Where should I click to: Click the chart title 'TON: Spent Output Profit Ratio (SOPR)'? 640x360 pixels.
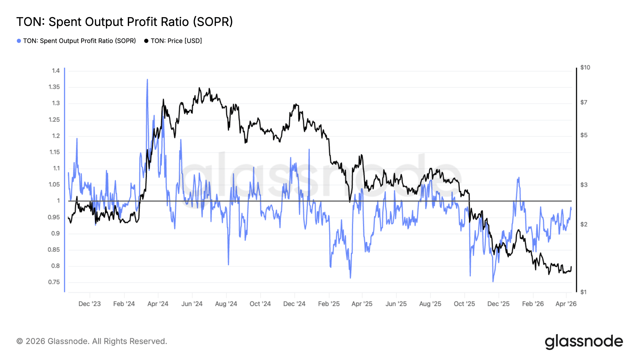point(124,22)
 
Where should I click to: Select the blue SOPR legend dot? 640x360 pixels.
point(19,41)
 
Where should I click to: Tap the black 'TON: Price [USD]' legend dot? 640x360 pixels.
point(146,41)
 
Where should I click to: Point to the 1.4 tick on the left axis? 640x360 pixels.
point(56,71)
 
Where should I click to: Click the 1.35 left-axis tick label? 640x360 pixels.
point(54,87)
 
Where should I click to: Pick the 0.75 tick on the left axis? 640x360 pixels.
point(54,282)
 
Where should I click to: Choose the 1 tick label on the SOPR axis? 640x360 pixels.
point(58,201)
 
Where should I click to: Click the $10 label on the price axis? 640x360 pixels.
point(585,67)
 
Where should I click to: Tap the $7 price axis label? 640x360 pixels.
point(584,102)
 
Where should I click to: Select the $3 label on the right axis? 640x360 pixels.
point(584,185)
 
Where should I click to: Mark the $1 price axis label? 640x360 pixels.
point(583,292)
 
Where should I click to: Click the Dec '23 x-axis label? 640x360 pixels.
point(90,304)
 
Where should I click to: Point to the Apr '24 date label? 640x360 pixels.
point(158,304)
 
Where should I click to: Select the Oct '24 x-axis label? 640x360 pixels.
point(260,304)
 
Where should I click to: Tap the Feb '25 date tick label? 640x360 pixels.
point(329,304)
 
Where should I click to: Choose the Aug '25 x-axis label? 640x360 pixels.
point(430,304)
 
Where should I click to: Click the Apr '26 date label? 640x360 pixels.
point(566,304)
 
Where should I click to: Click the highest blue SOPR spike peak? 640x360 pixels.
point(147,80)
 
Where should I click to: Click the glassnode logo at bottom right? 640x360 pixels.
point(584,342)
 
